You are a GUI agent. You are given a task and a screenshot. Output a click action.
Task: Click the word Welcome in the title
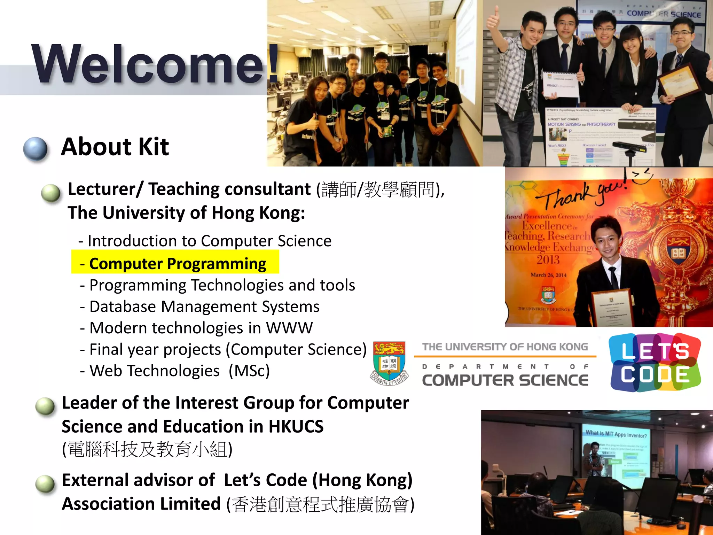point(148,64)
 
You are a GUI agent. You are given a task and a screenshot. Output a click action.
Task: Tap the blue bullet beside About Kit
point(35,149)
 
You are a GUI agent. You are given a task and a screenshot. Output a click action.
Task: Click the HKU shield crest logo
point(389,362)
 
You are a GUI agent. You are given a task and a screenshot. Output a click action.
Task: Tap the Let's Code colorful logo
point(655,363)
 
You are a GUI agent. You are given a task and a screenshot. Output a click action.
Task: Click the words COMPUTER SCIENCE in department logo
point(505,380)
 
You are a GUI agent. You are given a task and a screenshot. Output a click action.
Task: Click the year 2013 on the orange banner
point(548,260)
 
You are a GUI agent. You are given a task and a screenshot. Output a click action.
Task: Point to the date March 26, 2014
point(548,275)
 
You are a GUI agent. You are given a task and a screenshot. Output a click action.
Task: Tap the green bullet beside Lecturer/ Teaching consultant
point(51,193)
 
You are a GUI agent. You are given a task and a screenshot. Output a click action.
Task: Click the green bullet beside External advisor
point(45,483)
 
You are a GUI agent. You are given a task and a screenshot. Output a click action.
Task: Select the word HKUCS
point(296,426)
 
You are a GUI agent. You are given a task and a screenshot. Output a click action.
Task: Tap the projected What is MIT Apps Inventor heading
point(616,434)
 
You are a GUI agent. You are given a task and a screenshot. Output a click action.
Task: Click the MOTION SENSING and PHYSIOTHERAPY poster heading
point(581,124)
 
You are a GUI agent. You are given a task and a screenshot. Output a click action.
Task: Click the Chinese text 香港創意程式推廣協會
point(320,505)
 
